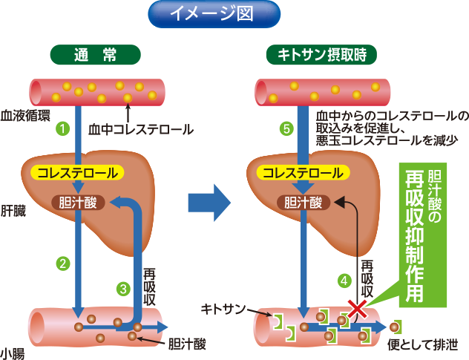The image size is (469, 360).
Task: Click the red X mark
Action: pyautogui.click(x=358, y=307)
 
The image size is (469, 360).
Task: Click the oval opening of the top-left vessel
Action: pyautogui.click(x=36, y=92)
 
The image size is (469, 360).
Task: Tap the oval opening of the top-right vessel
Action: pyautogui.click(x=261, y=92)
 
